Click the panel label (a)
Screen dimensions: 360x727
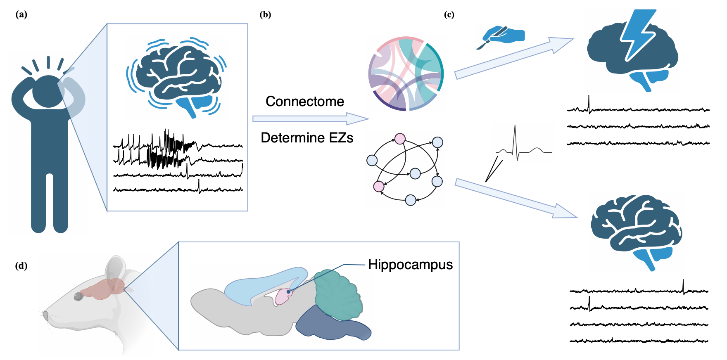21,15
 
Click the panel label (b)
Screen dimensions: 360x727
265,15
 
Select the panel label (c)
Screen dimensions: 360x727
449,15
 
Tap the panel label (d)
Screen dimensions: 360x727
21,266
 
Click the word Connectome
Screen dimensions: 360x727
305,102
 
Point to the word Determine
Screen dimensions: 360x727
290,138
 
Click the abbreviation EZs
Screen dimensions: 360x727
341,138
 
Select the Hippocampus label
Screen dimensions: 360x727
410,265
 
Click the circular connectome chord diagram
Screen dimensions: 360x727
406,74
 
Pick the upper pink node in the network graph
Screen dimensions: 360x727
400,139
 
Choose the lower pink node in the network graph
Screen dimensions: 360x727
379,187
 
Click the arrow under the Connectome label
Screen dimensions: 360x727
310,119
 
